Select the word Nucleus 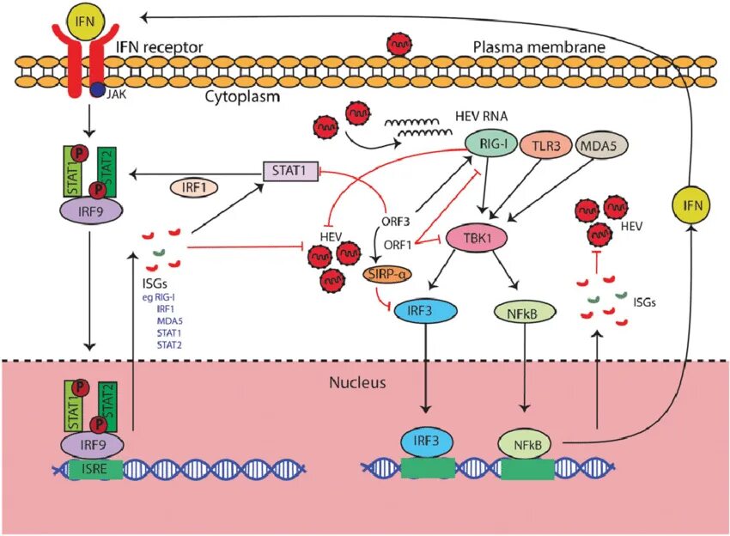(358, 381)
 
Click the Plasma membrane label (539, 46)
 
